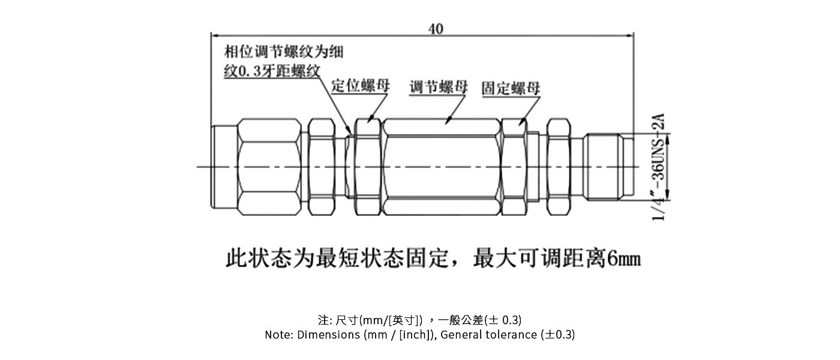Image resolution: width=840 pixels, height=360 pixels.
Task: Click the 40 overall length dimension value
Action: point(436,28)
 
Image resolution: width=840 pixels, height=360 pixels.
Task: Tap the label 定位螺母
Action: point(361,86)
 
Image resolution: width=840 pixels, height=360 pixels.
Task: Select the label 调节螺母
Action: point(439,87)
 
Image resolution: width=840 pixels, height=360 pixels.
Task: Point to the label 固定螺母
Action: point(511,88)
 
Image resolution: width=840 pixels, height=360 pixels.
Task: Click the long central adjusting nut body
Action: point(441,166)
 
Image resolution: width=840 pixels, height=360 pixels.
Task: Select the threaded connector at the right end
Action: point(606,166)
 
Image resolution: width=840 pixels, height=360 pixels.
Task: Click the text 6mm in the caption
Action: point(624,259)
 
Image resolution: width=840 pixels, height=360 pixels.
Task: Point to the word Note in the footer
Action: point(278,335)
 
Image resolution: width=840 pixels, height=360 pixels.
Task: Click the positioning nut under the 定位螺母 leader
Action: point(367,166)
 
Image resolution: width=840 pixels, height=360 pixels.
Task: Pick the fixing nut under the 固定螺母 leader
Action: point(514,166)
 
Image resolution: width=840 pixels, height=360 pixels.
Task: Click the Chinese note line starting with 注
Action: point(419,319)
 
